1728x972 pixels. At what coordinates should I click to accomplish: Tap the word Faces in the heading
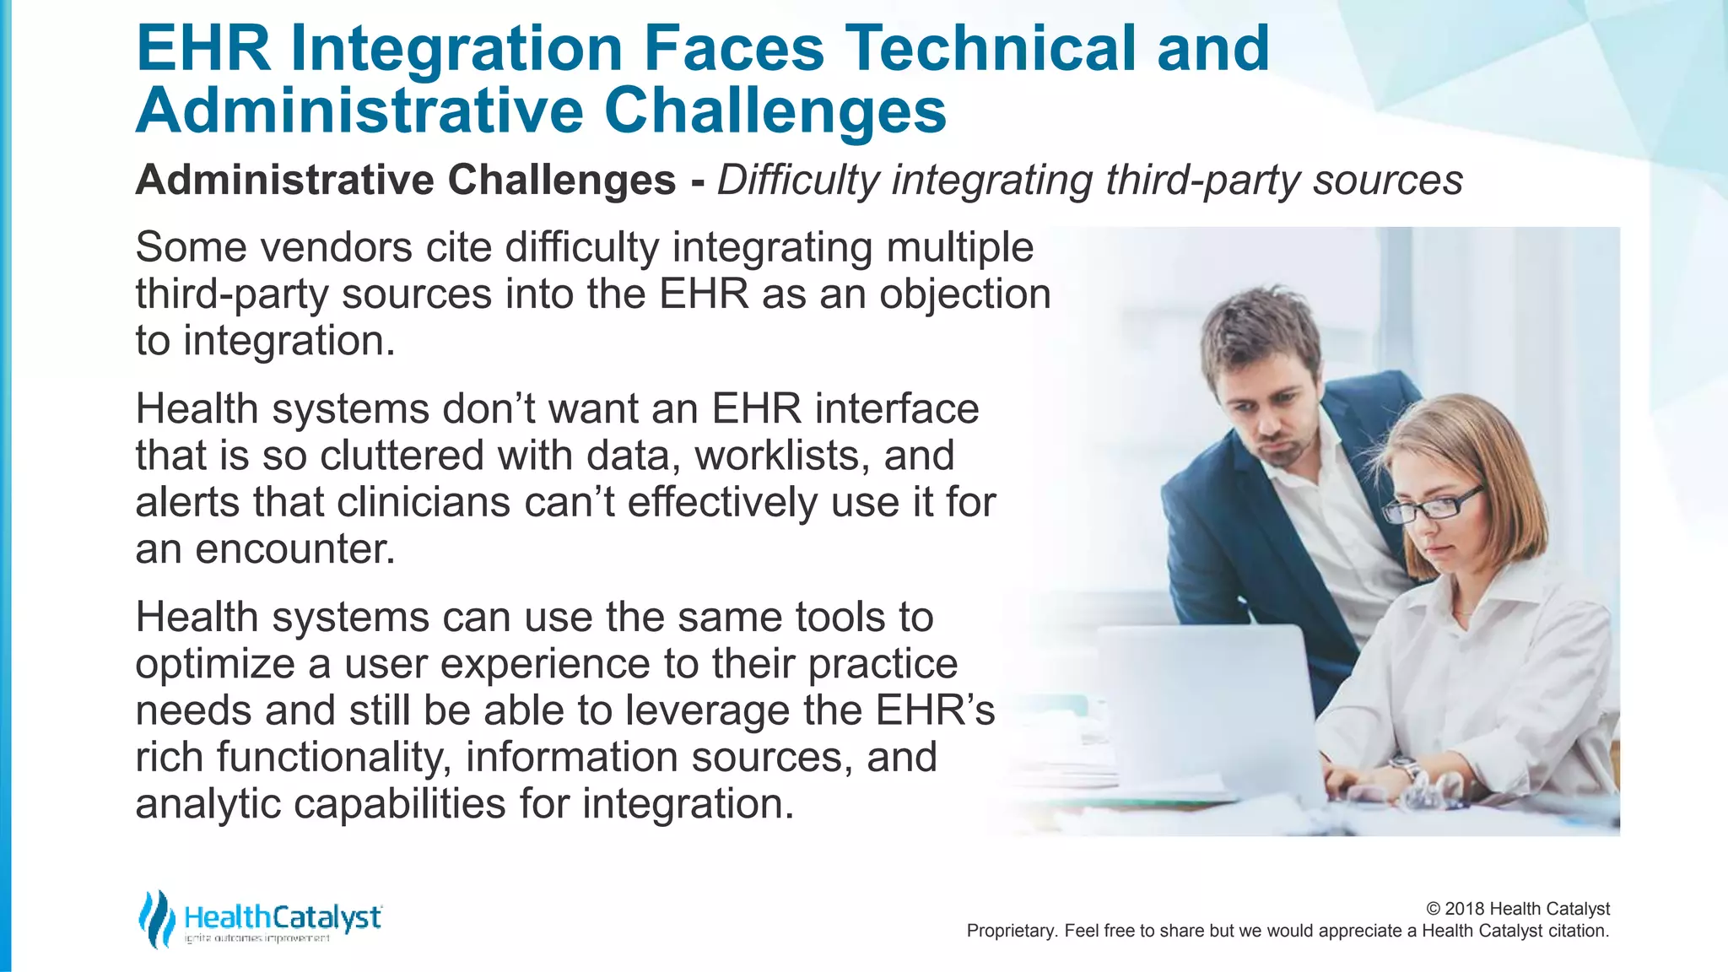[733, 48]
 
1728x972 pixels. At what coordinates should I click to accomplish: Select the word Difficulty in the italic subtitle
[798, 180]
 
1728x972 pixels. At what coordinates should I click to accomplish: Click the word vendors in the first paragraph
[335, 247]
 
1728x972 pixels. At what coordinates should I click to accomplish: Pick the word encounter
[295, 549]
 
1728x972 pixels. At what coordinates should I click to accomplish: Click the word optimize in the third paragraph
[215, 664]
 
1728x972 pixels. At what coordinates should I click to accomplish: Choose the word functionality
[330, 757]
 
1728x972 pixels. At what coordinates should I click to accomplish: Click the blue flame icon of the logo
[156, 919]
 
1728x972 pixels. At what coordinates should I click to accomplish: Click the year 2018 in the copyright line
[1466, 909]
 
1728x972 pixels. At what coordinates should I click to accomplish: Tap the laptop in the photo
[1207, 709]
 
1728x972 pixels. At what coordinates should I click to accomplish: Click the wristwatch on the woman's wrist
[1408, 769]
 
